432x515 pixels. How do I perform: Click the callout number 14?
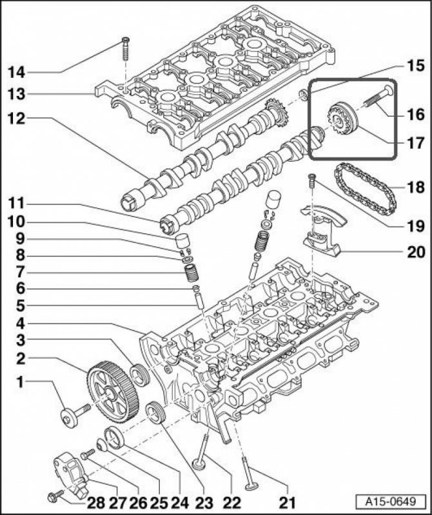pyautogui.click(x=17, y=71)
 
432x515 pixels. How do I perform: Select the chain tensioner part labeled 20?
pyautogui.click(x=320, y=235)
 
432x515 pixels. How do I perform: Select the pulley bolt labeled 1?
pyautogui.click(x=72, y=415)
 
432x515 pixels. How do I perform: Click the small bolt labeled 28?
pyautogui.click(x=54, y=496)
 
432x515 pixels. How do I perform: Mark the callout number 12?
pyautogui.click(x=17, y=119)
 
